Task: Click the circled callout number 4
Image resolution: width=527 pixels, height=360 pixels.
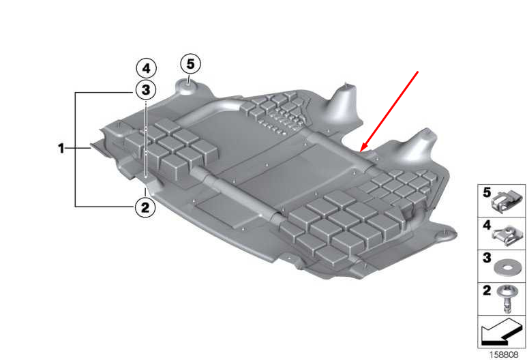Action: [145, 68]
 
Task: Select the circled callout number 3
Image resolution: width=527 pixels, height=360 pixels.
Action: [145, 89]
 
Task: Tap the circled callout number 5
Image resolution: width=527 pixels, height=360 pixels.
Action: [190, 64]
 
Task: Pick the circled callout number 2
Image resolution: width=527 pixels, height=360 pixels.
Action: [145, 207]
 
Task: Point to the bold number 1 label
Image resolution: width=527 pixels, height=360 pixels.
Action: [61, 147]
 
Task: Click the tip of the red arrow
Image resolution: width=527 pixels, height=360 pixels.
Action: [361, 150]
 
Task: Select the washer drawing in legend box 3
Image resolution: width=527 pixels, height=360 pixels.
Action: [506, 264]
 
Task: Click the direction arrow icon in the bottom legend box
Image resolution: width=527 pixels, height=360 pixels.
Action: [501, 333]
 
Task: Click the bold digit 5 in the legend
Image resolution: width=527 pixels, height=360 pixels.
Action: [487, 194]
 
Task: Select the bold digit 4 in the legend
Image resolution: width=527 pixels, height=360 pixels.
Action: [487, 224]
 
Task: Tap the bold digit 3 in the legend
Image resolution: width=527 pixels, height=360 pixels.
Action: [487, 258]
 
